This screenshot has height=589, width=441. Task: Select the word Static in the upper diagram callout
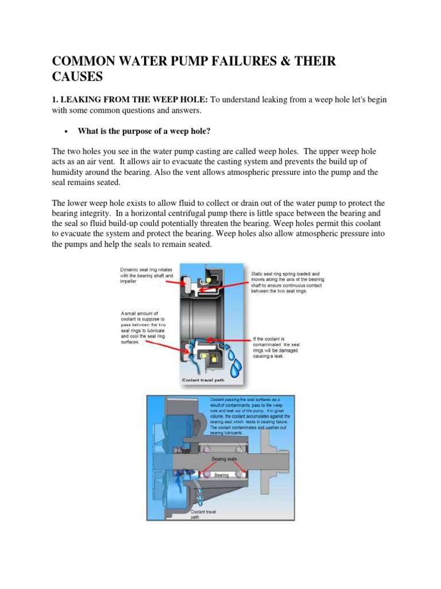261,274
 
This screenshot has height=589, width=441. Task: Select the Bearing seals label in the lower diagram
224,459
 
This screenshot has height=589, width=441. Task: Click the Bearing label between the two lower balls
222,476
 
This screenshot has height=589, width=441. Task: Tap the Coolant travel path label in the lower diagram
203,513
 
